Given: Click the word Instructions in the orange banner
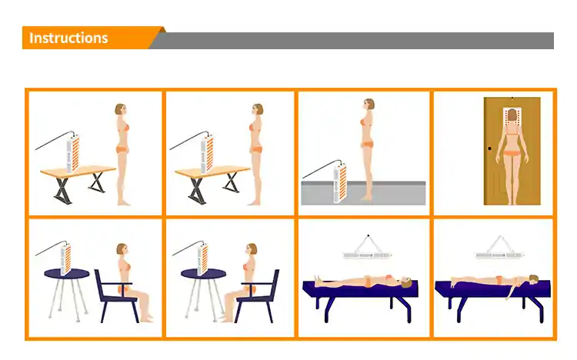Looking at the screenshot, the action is click(x=68, y=38).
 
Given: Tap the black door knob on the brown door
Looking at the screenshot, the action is click(x=489, y=148).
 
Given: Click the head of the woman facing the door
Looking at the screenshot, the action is click(x=512, y=115).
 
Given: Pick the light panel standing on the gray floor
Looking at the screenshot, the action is click(x=340, y=182).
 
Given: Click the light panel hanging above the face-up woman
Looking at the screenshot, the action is click(x=367, y=255).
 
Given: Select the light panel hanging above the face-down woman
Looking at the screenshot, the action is click(x=499, y=255).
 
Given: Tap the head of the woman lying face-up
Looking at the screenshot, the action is click(x=406, y=282).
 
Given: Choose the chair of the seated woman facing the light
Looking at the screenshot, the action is click(x=257, y=295).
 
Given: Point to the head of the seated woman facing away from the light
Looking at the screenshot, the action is click(x=122, y=250).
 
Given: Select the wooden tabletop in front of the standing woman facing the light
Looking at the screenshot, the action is click(x=212, y=172).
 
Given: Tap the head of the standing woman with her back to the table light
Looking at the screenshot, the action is click(x=121, y=110).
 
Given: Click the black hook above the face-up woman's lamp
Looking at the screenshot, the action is click(x=369, y=235).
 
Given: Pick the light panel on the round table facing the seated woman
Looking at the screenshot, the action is click(x=203, y=259).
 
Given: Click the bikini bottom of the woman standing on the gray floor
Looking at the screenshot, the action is click(x=366, y=145).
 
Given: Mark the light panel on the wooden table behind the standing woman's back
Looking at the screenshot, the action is click(x=73, y=154).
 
